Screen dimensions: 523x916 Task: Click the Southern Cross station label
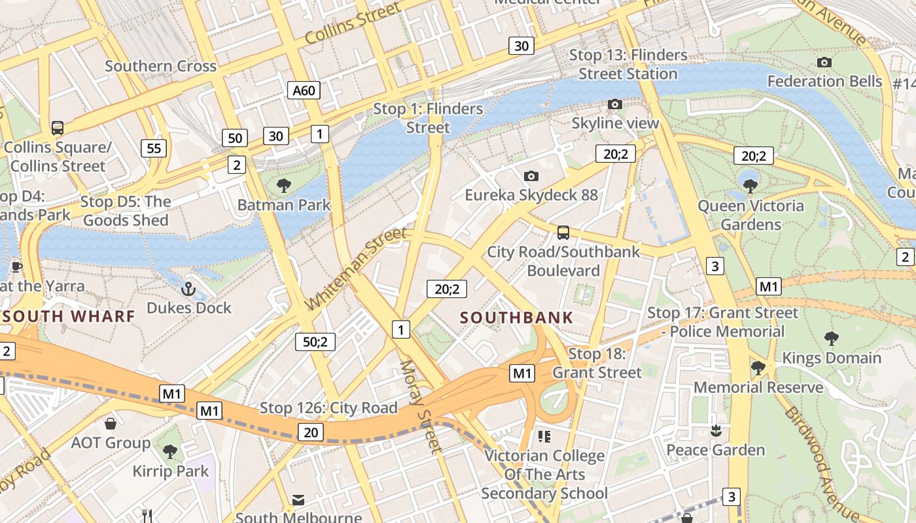pos(160,66)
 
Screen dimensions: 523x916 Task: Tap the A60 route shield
pos(304,90)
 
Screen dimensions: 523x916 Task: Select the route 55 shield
pos(154,148)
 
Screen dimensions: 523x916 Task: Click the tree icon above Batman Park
pos(284,186)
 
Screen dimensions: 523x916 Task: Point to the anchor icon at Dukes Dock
pos(188,288)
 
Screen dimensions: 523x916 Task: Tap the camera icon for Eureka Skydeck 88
pos(531,176)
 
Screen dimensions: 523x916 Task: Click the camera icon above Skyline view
pos(614,104)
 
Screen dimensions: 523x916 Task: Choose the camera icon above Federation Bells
pos(824,62)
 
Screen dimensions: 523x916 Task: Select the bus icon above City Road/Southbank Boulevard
pos(563,232)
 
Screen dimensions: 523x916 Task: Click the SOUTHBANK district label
pos(516,318)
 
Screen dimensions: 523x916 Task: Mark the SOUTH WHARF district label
pos(69,316)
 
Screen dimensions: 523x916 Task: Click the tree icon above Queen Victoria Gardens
pos(750,186)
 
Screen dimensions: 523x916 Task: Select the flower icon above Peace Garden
pos(715,430)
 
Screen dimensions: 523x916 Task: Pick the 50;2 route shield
pos(315,341)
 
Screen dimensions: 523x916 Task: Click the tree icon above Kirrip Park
pos(170,451)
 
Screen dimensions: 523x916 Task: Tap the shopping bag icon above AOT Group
pos(111,424)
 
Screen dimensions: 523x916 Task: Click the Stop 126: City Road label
pos(328,408)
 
